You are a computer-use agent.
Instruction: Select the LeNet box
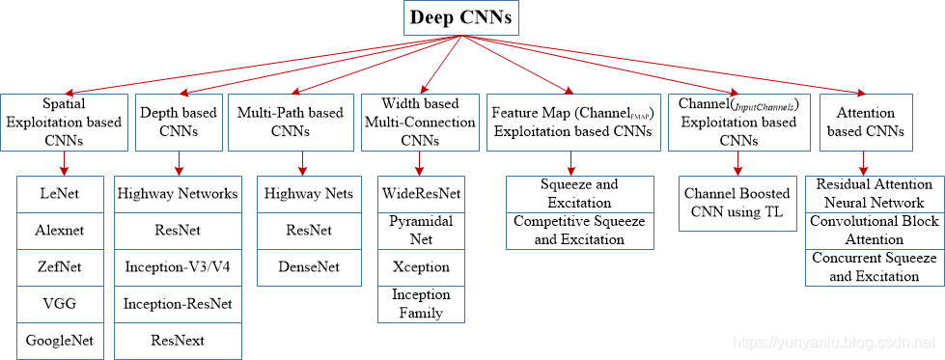click(60, 194)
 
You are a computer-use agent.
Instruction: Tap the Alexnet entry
click(60, 230)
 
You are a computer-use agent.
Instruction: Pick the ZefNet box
click(60, 266)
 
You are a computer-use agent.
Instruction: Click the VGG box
click(60, 303)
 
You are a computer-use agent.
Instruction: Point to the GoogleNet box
click(60, 340)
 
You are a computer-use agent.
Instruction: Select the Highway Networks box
click(178, 194)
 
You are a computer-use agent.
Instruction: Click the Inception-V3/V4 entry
click(178, 266)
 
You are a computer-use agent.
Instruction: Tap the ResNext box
click(178, 340)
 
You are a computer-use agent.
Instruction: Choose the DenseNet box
click(309, 266)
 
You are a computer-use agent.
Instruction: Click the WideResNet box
click(421, 194)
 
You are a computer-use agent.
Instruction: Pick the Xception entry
click(421, 266)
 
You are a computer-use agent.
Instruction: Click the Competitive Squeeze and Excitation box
click(580, 231)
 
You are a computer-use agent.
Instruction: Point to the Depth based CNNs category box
click(178, 122)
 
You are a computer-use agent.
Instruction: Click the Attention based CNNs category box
click(864, 122)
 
